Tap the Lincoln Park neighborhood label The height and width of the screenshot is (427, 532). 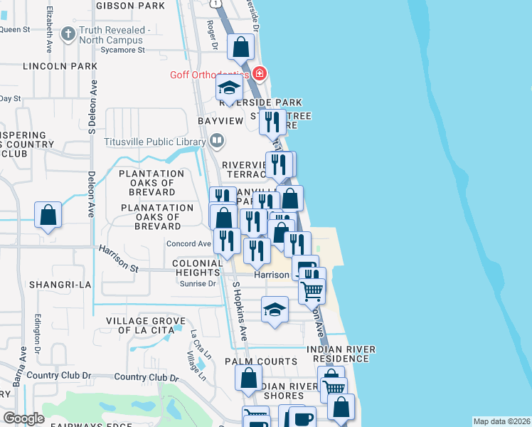click(60, 66)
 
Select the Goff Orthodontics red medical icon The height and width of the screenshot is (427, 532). click(260, 74)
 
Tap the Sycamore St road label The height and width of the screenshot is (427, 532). click(123, 51)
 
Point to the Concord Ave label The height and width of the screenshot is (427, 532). click(188, 244)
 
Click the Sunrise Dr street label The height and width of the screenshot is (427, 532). click(201, 283)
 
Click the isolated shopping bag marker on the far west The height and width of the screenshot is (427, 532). click(48, 215)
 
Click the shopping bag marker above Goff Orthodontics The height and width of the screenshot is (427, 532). click(241, 48)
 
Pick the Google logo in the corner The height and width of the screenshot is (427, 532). click(23, 418)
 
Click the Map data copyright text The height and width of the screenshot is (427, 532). click(501, 421)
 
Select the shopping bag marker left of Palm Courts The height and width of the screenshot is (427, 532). click(248, 378)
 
